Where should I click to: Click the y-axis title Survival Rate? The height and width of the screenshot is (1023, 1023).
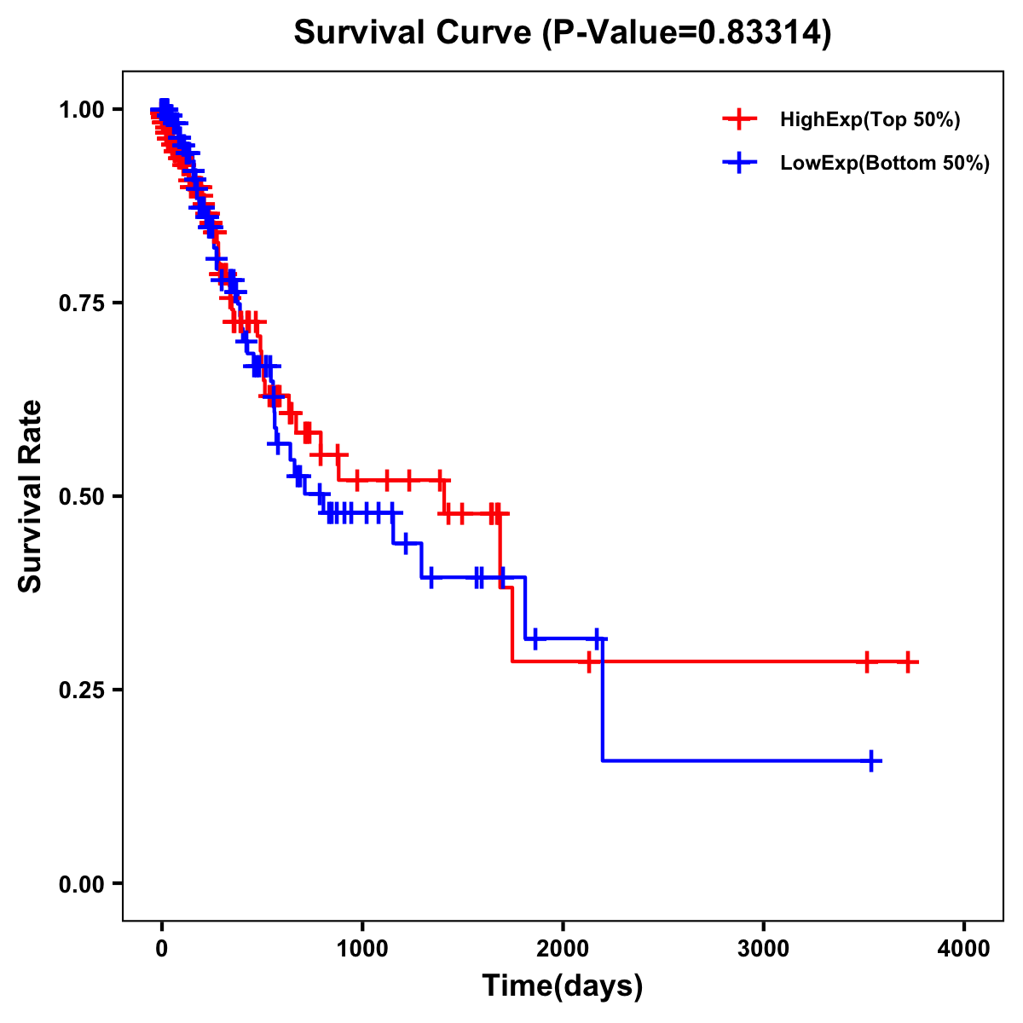[31, 496]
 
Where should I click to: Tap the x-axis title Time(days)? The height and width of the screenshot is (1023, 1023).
[563, 986]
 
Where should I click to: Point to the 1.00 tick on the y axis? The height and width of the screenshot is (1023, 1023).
[81, 110]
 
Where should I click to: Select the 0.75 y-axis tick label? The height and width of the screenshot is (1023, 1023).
[81, 303]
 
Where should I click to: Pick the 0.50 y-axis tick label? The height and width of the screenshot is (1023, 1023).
[81, 497]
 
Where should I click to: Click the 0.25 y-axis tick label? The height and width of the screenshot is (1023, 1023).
[81, 690]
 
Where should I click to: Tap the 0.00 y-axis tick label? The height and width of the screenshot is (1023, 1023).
[81, 884]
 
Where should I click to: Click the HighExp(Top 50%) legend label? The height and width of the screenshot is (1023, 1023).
[870, 120]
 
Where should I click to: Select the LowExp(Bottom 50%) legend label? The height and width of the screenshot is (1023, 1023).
[885, 164]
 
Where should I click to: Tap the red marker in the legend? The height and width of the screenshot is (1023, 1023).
[739, 119]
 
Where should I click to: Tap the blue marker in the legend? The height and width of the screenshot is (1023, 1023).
[739, 163]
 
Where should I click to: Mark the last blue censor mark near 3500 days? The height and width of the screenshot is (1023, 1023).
[871, 760]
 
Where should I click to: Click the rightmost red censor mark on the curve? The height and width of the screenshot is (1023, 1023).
[909, 662]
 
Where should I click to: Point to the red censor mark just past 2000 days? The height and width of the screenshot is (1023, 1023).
[588, 662]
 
